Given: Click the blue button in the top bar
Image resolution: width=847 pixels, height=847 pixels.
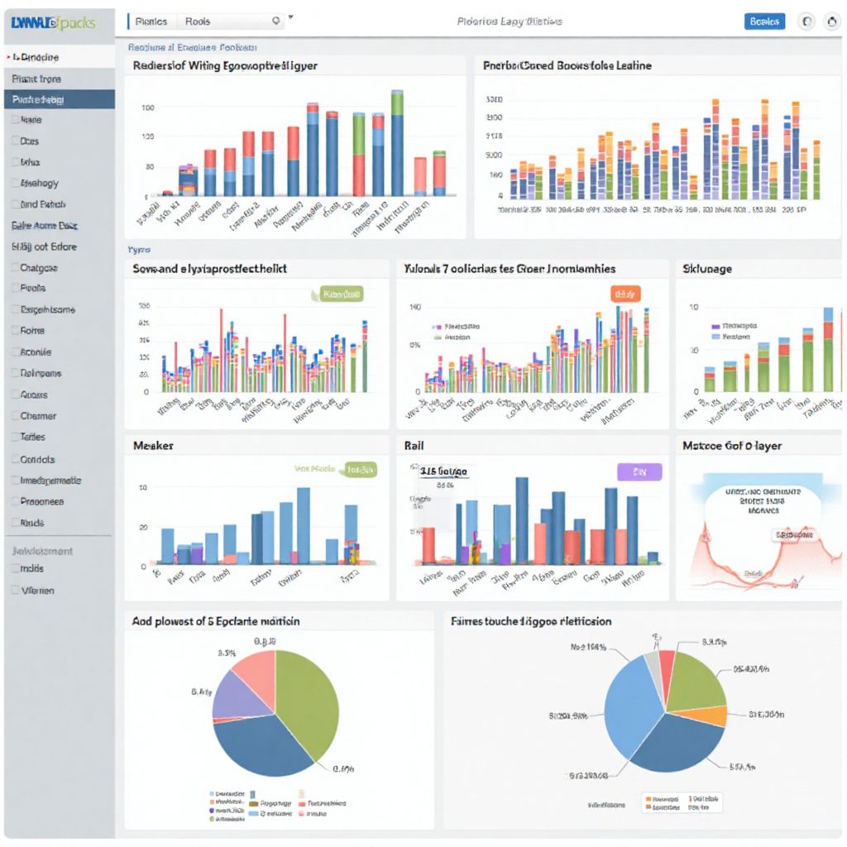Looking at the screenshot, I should tap(764, 22).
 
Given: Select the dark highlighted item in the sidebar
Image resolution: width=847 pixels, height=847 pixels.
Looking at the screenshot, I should tap(59, 99).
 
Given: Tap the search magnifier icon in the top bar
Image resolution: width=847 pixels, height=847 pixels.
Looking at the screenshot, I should tap(276, 22).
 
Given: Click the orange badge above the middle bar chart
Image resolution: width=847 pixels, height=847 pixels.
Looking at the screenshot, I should tap(626, 294).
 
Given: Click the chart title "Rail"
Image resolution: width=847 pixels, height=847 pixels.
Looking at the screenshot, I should tap(414, 446).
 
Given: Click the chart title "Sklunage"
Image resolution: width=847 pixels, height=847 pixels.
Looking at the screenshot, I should tap(706, 269).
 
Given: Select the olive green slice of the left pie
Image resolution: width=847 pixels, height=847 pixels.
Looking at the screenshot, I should tap(310, 703).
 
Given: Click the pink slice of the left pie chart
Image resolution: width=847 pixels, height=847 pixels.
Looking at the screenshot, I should tap(255, 668).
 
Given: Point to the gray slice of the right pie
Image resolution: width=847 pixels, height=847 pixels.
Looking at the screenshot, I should tap(653, 666).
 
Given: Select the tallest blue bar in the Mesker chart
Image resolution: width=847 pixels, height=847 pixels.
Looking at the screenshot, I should tap(304, 525).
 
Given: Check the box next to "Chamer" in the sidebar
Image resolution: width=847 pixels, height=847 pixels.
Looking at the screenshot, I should tap(15, 416).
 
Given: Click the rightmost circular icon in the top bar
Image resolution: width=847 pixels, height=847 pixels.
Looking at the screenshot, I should tap(832, 22).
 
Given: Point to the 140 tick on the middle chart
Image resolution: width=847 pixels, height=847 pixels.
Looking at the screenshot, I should tap(415, 307).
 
